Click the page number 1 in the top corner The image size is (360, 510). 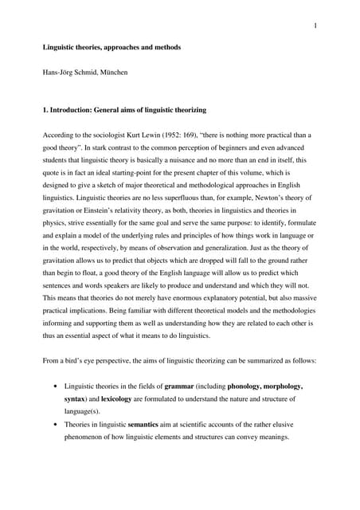316,25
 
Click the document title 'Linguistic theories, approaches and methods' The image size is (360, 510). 112,48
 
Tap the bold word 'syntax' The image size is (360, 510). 76,398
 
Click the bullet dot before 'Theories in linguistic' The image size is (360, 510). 54,426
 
